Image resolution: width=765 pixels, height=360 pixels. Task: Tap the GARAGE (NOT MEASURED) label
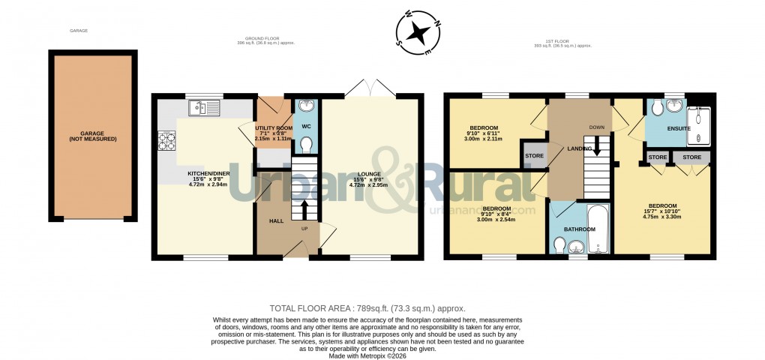[93, 136]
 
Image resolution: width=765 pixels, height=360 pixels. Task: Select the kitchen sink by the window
[205, 109]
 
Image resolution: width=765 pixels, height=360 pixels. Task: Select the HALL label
[276, 221]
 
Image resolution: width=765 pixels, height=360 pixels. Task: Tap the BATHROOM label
[580, 229]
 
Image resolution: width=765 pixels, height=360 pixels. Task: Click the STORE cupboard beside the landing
[534, 156]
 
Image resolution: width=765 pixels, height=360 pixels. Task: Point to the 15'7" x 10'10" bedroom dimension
[662, 211]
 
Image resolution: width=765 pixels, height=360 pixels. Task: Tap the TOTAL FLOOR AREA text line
[367, 308]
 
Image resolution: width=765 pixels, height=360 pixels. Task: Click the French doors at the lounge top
[373, 87]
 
